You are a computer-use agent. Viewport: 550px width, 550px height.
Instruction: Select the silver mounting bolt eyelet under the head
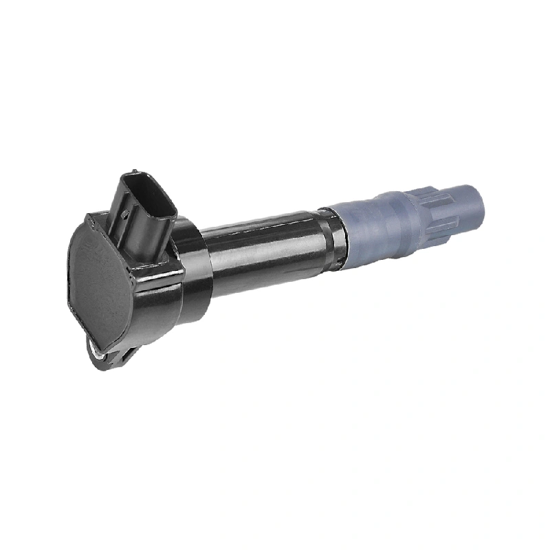[x=96, y=351]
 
